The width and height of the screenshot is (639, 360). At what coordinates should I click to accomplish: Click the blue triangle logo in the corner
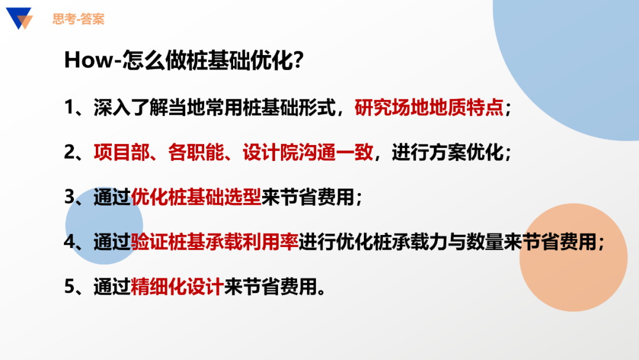[x=19, y=18]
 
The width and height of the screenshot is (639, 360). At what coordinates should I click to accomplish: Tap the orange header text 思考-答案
[x=78, y=19]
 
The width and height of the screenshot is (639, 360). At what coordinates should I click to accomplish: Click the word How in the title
[x=88, y=60]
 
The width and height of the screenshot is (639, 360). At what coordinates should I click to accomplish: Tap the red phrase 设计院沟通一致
[x=308, y=152]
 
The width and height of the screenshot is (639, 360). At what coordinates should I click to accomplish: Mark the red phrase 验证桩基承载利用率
[x=215, y=242]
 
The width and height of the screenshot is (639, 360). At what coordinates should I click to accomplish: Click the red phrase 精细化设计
[x=177, y=287]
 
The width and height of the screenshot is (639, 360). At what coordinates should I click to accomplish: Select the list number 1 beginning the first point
[x=69, y=108]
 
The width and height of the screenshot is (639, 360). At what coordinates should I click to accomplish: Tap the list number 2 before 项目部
[x=69, y=153]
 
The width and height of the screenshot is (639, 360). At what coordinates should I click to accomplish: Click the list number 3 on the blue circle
[x=69, y=198]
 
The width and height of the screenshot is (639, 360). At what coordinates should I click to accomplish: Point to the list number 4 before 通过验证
[x=69, y=243]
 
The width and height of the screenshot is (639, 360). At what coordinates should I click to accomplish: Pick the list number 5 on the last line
[x=69, y=288]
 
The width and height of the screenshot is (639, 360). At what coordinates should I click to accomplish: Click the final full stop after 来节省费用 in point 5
[x=321, y=291]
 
